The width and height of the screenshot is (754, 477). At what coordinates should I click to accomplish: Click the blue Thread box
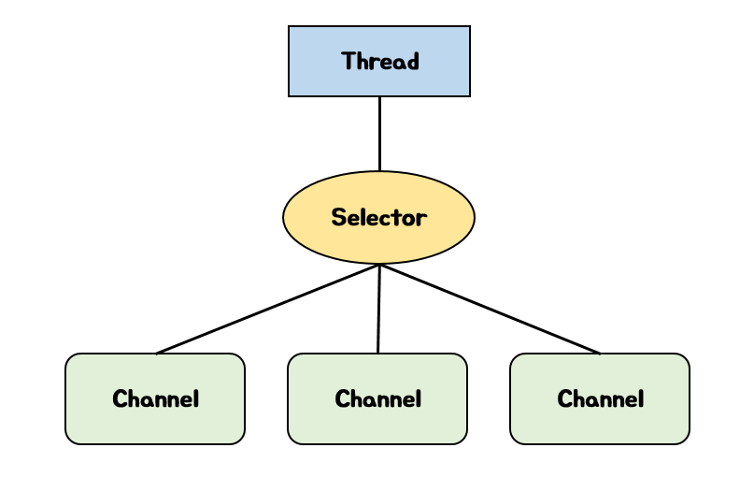[378, 61]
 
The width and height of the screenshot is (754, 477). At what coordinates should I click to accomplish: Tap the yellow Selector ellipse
[378, 217]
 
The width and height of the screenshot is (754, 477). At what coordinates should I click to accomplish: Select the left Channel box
[155, 398]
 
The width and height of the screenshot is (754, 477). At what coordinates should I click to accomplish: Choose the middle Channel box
[377, 398]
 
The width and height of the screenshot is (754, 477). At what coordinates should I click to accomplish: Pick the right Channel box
[600, 398]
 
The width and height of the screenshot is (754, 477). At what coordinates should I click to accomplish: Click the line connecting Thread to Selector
[379, 134]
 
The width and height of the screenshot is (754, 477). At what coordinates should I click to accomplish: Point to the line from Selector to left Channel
[268, 309]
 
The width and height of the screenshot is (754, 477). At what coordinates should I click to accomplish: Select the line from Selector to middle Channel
[378, 309]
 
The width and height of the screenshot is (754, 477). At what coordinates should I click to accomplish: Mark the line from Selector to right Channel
[490, 309]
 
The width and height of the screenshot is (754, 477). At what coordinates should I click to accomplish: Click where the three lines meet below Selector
[379, 265]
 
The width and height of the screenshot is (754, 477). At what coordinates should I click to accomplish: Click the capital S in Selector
[338, 218]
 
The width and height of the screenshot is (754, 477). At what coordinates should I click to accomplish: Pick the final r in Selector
[421, 219]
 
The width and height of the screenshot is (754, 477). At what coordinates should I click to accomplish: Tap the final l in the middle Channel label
[418, 398]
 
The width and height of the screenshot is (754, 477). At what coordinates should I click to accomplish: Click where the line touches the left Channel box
[157, 354]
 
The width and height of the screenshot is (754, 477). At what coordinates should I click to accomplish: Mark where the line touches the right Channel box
[600, 354]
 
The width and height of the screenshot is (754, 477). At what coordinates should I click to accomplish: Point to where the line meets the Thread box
[379, 97]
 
